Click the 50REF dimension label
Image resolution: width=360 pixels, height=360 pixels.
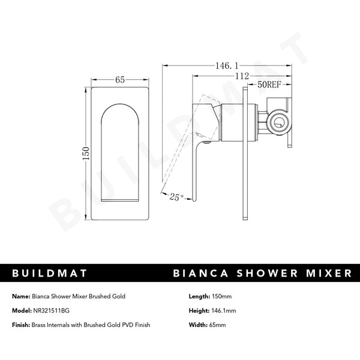[x=269, y=85]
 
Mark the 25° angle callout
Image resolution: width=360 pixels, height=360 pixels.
[x=176, y=196]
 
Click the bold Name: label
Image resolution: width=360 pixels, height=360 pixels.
[x=22, y=296]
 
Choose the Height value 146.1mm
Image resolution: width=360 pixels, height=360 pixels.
[x=224, y=311]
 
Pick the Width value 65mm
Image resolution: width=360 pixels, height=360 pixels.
[x=217, y=325]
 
